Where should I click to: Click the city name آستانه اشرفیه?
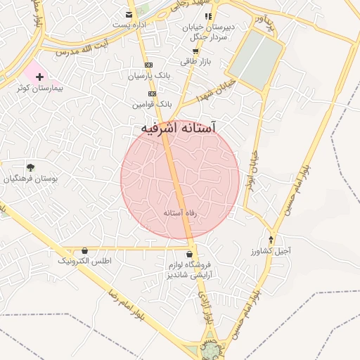(176, 129)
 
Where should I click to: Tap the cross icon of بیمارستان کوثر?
(39, 75)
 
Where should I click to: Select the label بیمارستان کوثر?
(40, 89)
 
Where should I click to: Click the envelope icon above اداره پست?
(128, 14)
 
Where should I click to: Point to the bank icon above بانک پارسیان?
(148, 65)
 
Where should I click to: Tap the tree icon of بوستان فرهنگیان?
(30, 167)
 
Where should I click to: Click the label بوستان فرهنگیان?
(31, 179)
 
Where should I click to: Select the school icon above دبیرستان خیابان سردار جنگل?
(207, 16)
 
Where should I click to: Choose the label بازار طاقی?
(195, 62)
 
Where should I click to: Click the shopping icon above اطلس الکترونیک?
(85, 250)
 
